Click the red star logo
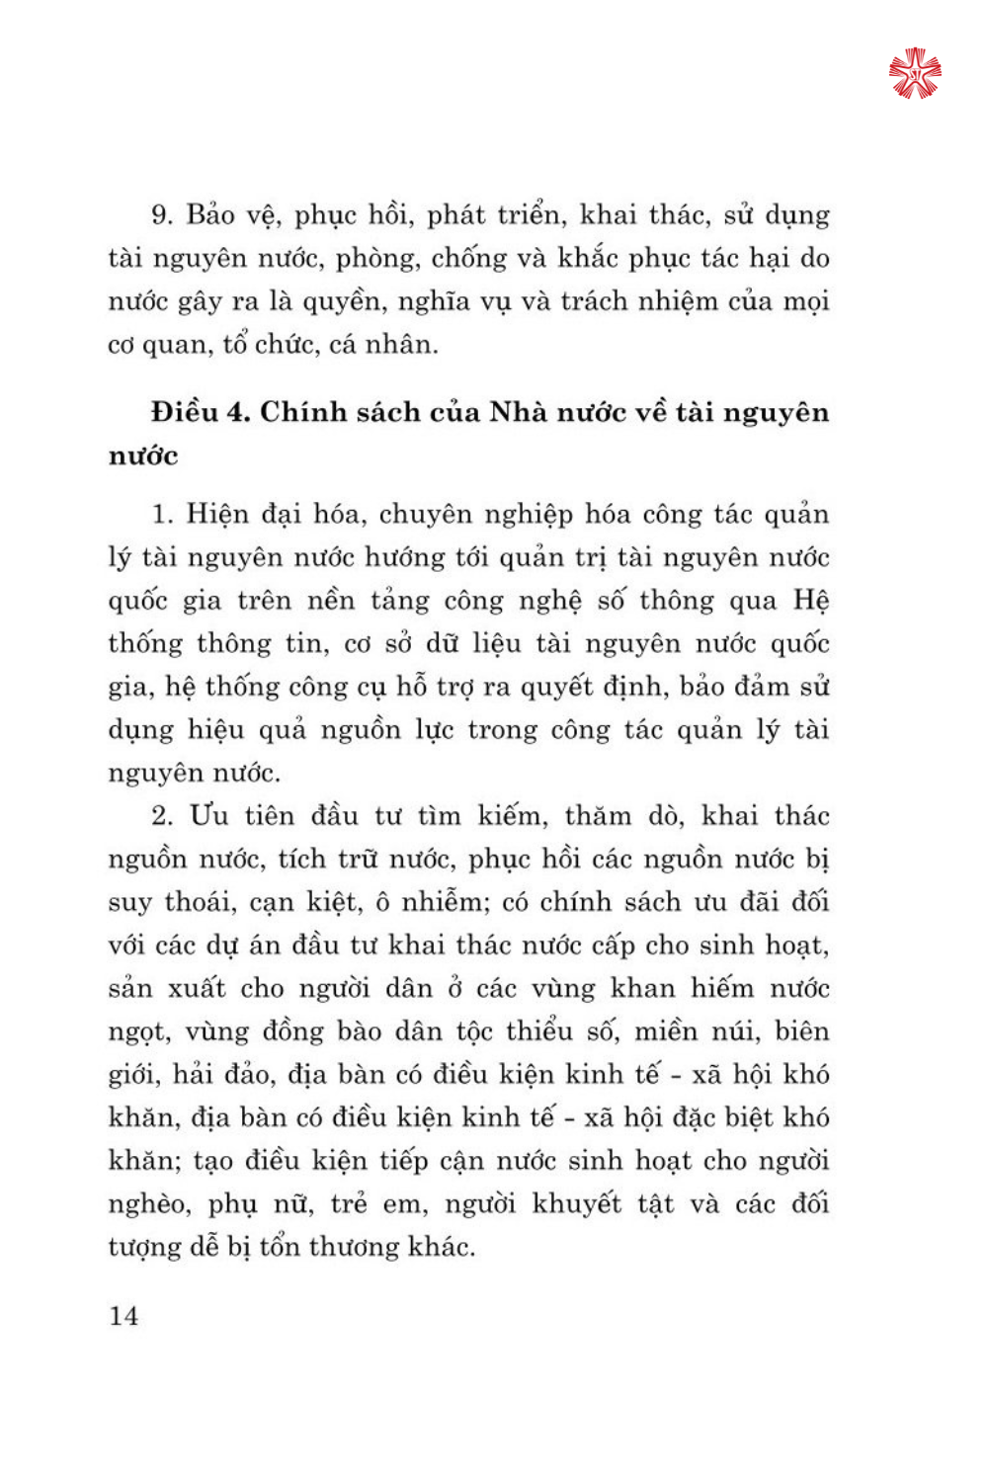914,73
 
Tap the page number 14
123,1316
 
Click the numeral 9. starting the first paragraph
162,215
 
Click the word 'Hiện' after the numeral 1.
216,515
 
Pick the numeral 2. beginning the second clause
162,816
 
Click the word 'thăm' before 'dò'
598,816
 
